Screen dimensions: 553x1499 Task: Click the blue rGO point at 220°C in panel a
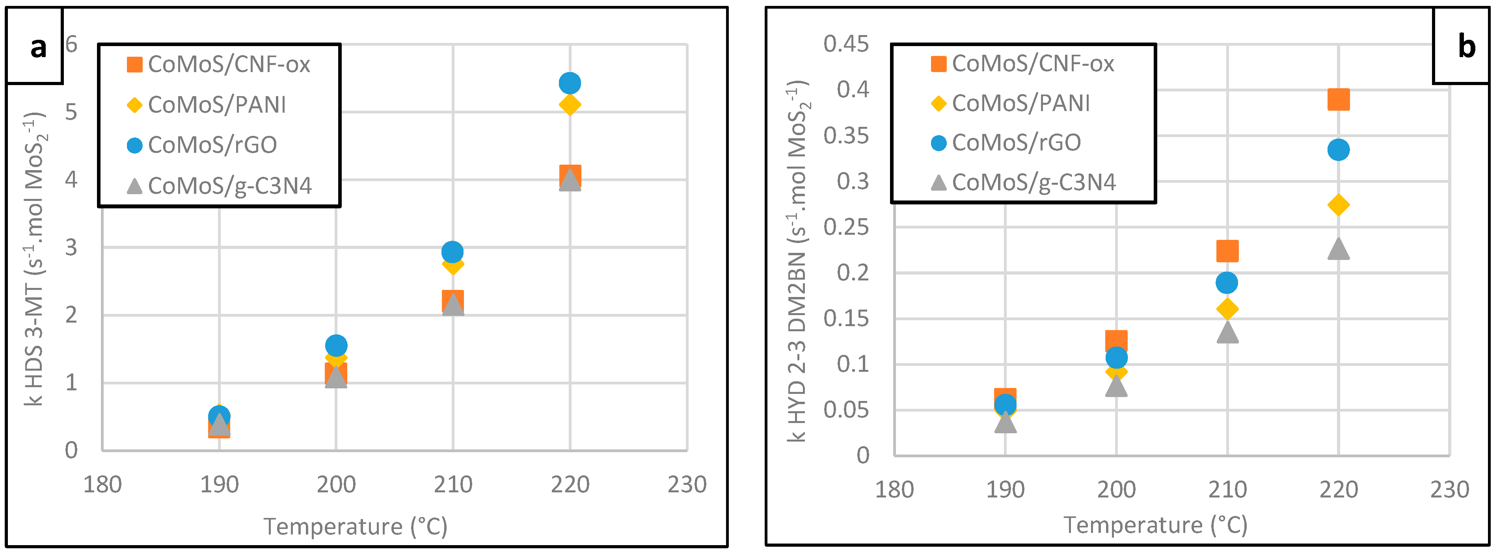(569, 83)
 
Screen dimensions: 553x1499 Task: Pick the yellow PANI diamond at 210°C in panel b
(1227, 309)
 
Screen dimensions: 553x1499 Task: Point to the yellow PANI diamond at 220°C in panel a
(569, 105)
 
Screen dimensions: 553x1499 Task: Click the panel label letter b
(1466, 46)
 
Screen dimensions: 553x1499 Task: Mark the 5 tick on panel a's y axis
(71, 111)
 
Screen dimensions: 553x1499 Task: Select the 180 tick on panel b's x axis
(894, 490)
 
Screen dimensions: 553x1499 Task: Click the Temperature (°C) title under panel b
(1155, 525)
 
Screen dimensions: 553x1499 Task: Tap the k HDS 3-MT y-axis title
(35, 259)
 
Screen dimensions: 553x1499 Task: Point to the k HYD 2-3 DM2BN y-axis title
(798, 262)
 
